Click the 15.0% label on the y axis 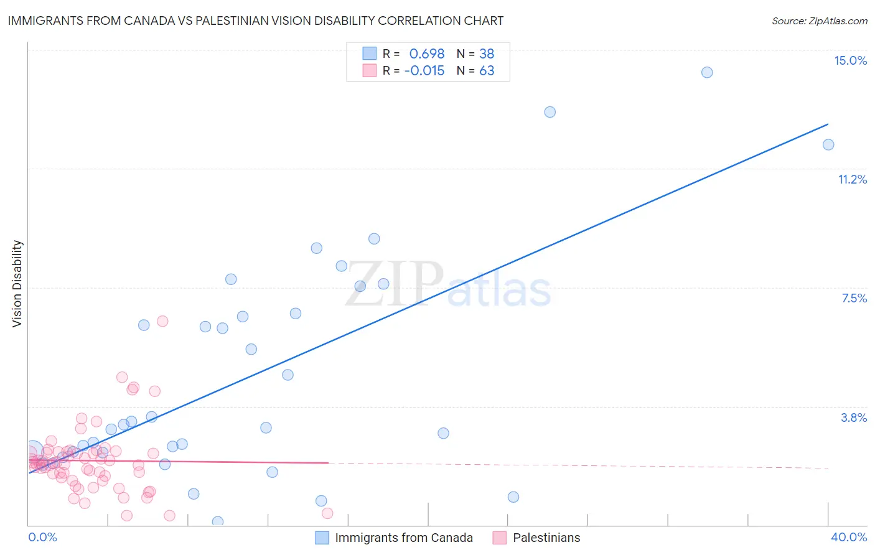pos(850,60)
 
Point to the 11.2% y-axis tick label pos(852,179)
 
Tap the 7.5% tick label pos(854,298)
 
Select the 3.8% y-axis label pos(854,417)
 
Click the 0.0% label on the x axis pos(42,537)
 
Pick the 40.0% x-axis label pos(848,537)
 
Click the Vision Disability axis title pos(17,284)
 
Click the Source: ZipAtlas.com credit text pos(819,21)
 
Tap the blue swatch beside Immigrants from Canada pos(322,538)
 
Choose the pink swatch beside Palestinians pos(499,538)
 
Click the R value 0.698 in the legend pos(426,54)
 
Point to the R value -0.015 pos(424,71)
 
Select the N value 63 pos(487,71)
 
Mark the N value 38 pos(487,54)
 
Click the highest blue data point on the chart pos(707,72)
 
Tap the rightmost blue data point pos(828,145)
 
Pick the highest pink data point pos(162,321)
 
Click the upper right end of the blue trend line pos(828,124)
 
